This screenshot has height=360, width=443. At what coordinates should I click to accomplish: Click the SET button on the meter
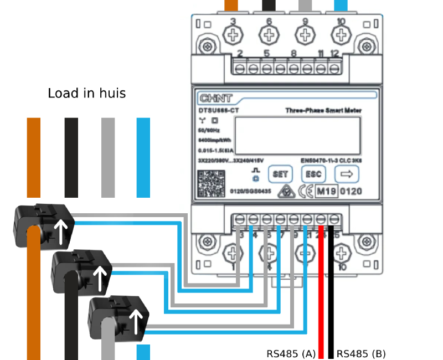(x=280, y=174)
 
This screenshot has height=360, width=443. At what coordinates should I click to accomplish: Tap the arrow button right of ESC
(x=347, y=174)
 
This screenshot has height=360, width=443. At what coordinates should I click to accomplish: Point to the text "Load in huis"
(x=86, y=93)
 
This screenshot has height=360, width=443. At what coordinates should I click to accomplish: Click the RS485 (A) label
(x=291, y=353)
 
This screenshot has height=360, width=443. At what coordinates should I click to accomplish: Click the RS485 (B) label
(x=361, y=353)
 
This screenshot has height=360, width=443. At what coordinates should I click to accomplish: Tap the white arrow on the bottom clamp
(x=136, y=320)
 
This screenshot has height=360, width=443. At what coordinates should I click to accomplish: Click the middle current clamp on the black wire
(x=81, y=271)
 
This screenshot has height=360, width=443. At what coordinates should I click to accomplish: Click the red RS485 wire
(x=321, y=294)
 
